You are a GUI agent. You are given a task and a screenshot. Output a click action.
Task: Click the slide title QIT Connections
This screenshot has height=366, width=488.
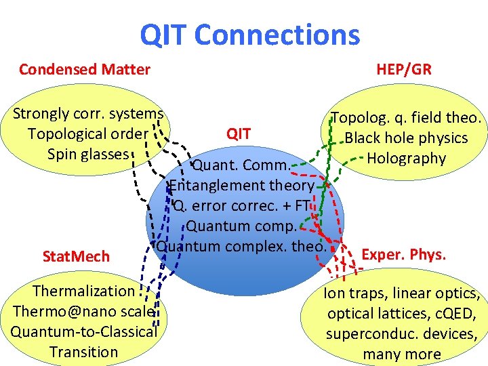point(249,35)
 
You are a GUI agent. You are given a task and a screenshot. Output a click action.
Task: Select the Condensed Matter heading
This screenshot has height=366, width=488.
point(85,69)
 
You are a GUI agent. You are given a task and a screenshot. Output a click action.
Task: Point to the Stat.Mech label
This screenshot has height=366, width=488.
point(75,256)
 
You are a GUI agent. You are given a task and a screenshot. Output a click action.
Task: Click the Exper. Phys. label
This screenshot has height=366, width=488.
point(404,255)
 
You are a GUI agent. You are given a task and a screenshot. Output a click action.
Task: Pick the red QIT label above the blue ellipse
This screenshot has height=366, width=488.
point(239,134)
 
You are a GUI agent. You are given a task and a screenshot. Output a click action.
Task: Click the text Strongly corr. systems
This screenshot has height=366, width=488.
point(88,113)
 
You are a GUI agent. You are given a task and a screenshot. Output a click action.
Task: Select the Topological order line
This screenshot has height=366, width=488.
point(87,134)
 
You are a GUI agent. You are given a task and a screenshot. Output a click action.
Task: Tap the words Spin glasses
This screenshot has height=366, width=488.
point(87,154)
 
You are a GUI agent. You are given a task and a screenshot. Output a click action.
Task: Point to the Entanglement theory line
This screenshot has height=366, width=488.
point(242,185)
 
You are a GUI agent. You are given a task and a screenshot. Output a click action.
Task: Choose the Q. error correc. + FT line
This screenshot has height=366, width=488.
point(241,205)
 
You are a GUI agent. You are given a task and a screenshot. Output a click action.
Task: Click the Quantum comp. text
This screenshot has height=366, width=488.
point(241,226)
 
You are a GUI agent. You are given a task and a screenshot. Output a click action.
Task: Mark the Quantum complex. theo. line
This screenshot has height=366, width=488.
point(241,245)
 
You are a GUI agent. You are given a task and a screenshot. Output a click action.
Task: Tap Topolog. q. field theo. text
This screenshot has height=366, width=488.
point(406,118)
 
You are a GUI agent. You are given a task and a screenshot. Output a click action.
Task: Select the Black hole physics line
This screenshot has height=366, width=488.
point(406,138)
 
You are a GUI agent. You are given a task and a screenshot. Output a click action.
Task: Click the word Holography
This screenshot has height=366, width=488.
point(406,159)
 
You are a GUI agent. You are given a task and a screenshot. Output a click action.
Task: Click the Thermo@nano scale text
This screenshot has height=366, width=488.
point(84,311)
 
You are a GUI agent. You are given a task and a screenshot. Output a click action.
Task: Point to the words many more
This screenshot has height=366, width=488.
point(401,354)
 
